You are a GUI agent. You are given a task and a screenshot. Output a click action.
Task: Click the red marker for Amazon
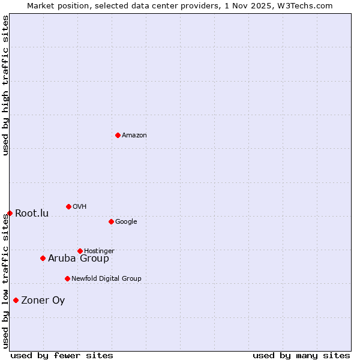118,135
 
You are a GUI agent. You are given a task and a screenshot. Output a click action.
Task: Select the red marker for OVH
68,206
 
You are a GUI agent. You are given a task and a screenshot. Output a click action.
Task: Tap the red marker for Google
111,221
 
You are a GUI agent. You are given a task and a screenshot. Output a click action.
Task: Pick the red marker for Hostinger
80,251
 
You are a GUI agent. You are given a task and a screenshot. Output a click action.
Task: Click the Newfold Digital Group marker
67,278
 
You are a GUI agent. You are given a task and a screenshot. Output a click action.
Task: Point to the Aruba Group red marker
43,258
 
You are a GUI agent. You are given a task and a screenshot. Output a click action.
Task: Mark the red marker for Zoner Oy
16,300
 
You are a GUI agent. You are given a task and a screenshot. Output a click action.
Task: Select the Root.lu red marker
10,213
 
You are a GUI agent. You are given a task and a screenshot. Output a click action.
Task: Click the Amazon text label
134,136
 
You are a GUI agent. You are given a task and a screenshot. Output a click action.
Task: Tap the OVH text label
80,207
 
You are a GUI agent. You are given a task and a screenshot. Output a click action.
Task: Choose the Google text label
126,222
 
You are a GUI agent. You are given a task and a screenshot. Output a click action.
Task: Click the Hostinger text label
99,251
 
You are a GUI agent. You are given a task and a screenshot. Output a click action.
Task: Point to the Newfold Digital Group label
106,279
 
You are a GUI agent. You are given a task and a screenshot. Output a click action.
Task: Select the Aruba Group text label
79,259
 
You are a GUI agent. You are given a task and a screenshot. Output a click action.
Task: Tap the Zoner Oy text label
43,301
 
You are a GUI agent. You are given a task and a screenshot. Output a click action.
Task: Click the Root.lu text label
32,214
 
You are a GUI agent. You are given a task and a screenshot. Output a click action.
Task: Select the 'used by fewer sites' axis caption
62,356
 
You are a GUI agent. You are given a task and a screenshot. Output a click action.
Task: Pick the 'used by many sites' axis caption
301,356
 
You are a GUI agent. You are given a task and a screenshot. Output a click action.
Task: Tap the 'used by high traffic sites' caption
5,85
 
